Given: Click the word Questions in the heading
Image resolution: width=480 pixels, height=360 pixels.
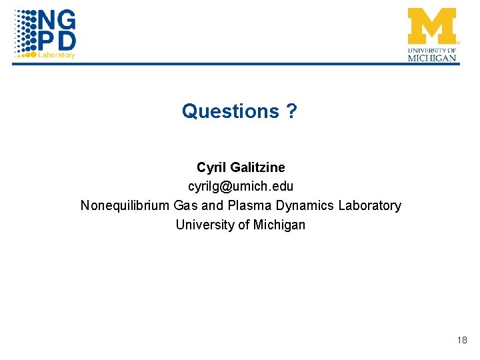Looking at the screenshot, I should coord(230,111).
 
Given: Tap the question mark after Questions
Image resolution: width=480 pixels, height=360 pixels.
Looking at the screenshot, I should coord(291,111).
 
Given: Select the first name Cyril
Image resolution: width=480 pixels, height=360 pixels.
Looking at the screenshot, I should coord(211,167).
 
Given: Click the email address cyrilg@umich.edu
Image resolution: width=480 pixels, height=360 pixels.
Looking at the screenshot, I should coord(240,186).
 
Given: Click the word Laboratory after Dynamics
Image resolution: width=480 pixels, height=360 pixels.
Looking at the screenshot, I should coord(369,205).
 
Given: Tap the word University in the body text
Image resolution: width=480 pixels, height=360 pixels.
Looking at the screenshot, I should coord(203,225).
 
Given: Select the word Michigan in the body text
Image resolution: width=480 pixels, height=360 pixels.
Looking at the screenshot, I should coord(279,225).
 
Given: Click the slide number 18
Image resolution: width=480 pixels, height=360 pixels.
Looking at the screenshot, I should coord(462,341).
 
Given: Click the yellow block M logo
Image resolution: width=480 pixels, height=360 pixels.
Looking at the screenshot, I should coord(432,25).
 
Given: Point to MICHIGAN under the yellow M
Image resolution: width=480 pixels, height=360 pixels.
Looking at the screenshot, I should coord(433,58).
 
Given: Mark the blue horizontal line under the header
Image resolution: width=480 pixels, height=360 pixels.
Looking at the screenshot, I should coord(240,64).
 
